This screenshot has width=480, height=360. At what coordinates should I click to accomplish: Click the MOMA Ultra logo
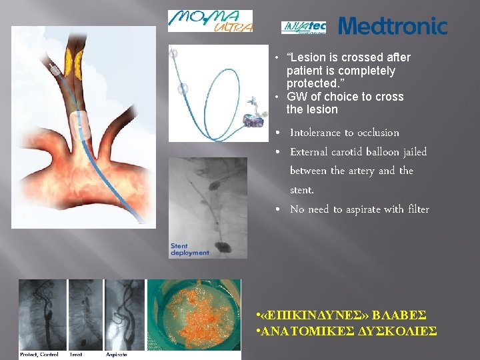point(210,21)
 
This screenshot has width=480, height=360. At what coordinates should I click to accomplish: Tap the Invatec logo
point(303,27)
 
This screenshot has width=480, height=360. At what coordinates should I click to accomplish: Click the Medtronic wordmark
point(393,27)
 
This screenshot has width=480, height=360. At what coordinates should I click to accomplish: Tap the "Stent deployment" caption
point(189,249)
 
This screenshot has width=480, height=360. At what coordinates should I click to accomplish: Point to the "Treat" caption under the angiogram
point(77,354)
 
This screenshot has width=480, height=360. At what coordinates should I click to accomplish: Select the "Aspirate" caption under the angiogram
point(117,354)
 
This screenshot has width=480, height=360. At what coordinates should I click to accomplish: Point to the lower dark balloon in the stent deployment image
point(225,247)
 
